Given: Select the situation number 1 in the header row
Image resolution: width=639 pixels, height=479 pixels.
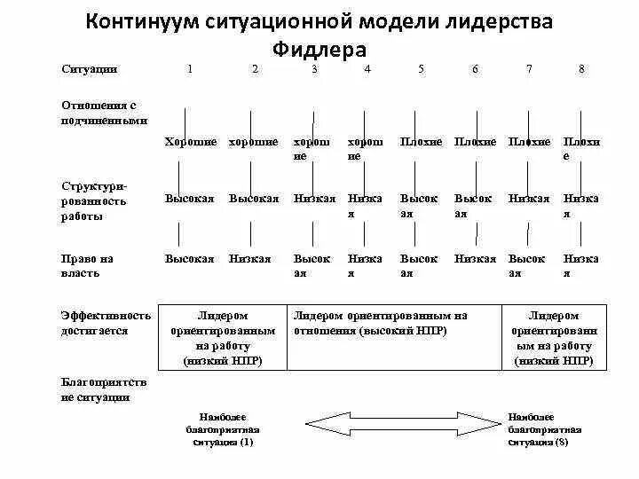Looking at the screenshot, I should tap(190, 69).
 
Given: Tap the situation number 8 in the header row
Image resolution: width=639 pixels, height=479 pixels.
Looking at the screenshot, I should tap(581, 69).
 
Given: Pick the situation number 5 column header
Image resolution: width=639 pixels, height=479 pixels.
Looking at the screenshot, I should tap(421, 69).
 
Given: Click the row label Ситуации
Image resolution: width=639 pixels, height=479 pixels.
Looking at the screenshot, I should tap(90, 69).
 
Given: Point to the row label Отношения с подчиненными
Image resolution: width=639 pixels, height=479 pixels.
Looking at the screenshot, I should tap(105, 113).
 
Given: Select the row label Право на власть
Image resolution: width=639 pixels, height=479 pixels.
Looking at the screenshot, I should tap(88, 266).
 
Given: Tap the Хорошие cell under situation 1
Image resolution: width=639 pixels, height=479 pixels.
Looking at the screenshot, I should tap(191, 142).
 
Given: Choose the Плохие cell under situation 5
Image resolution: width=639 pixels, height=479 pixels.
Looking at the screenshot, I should tap(421, 142).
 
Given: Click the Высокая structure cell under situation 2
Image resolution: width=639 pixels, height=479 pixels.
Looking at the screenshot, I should tap(254, 199).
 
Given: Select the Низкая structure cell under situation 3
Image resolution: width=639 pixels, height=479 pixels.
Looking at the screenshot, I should tap(314, 199).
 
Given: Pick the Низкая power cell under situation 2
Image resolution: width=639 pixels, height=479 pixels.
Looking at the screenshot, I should tap(250, 259).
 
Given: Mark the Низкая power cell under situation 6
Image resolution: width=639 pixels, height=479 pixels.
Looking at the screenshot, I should tap(476, 259).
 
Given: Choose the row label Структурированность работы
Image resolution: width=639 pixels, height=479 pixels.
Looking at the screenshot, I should tap(94, 201).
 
